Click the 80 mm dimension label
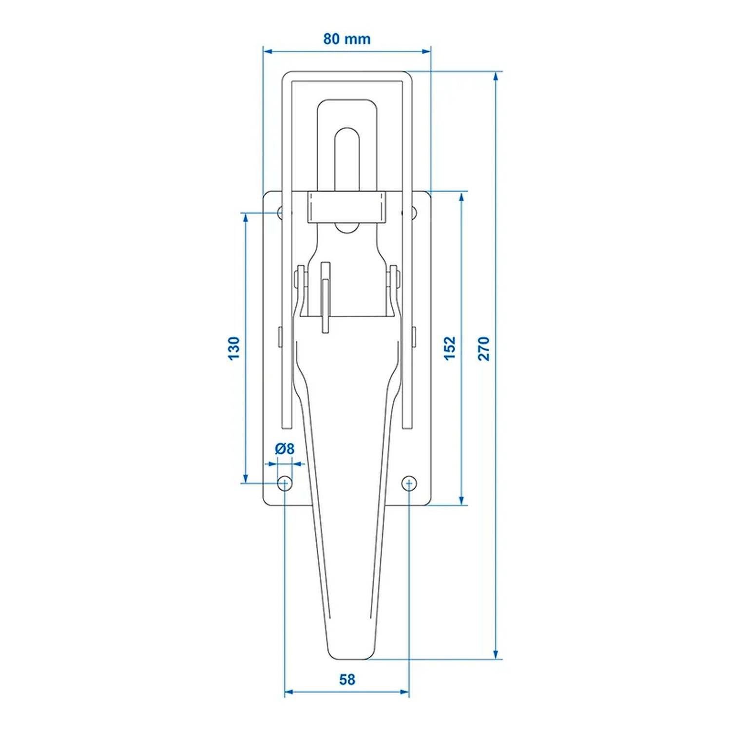click(346, 39)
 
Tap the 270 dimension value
click(483, 348)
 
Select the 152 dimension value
click(450, 348)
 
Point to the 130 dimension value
click(234, 348)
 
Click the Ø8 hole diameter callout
click(285, 448)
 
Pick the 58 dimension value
click(347, 679)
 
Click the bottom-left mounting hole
click(285, 483)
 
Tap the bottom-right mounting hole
click(409, 483)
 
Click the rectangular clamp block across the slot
click(346, 207)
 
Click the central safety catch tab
click(326, 297)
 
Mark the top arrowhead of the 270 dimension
click(496, 76)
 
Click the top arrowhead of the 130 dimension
click(246, 217)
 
